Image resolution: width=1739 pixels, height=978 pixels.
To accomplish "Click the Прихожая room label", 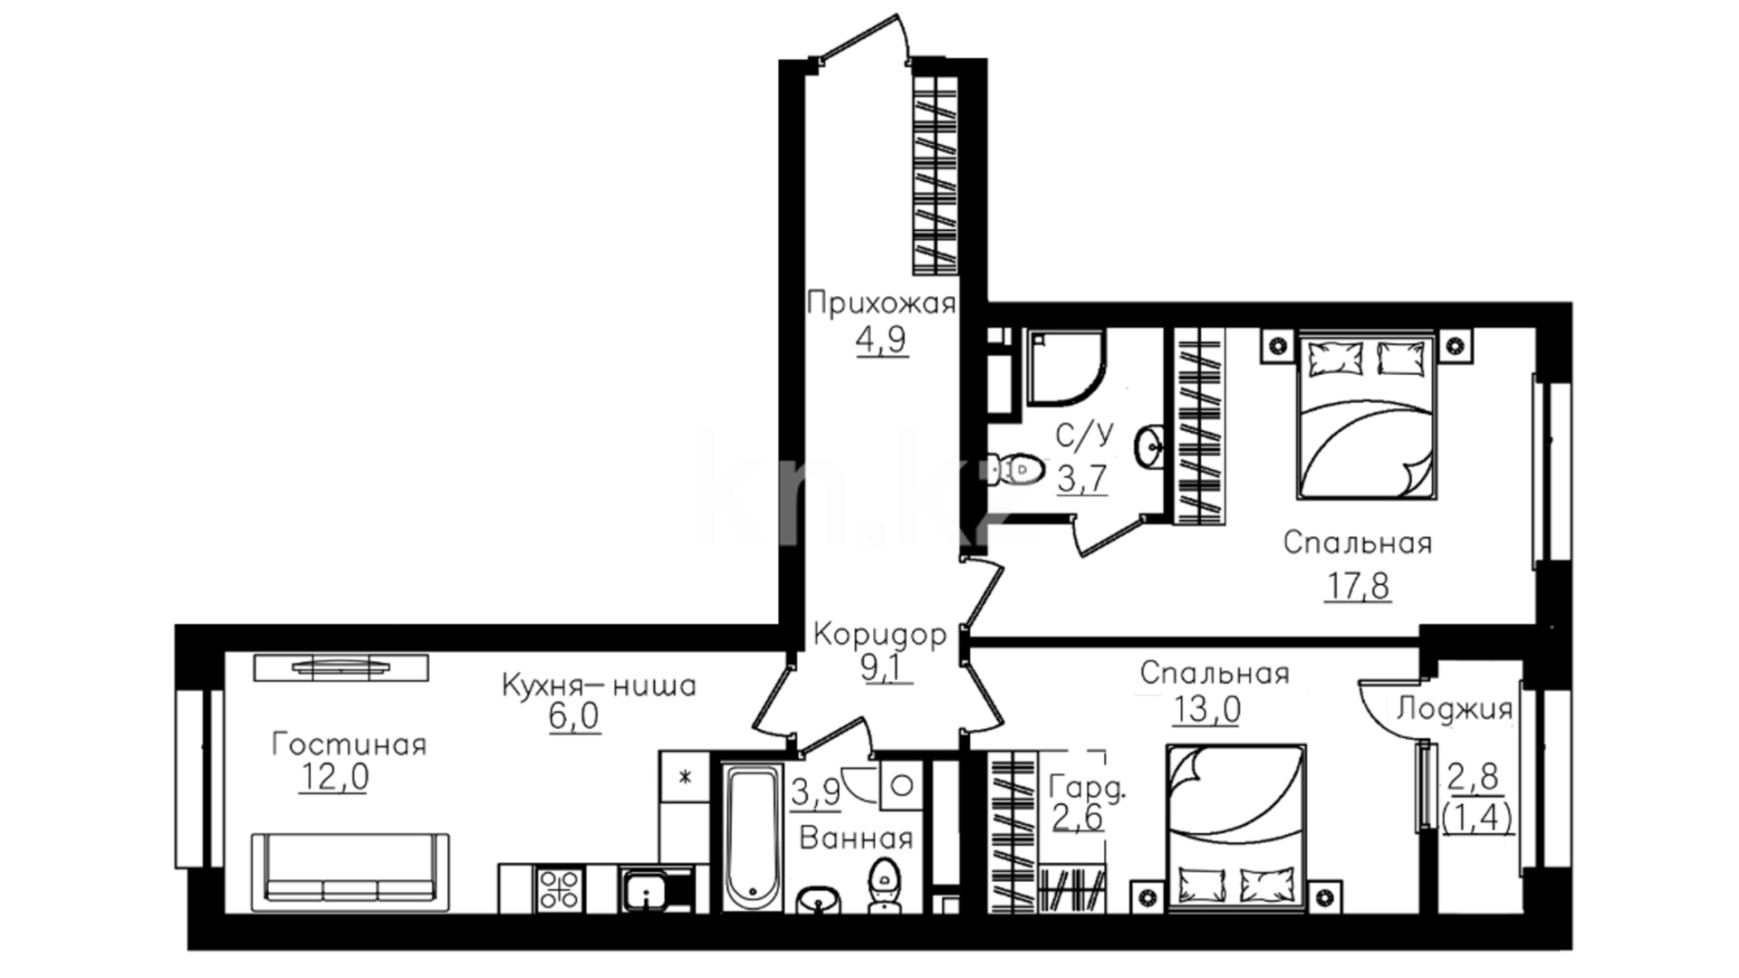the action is click(881, 302).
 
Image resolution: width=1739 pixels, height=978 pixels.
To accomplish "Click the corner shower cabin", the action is click(1066, 365).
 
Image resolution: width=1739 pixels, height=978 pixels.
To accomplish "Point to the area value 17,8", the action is click(1359, 586).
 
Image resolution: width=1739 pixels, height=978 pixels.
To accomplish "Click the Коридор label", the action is click(879, 635).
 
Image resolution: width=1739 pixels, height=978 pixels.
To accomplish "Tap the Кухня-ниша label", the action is click(599, 686).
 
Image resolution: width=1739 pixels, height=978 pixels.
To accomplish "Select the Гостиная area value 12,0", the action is click(333, 777).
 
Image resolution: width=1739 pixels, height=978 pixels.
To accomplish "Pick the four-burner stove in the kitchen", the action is click(559, 888).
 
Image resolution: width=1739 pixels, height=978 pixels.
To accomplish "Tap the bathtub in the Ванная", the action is click(753, 838).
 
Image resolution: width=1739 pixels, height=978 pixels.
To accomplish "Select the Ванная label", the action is click(856, 839).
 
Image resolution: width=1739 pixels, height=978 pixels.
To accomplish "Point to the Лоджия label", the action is click(1455, 708).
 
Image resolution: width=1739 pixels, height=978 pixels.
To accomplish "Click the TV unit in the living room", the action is click(341, 667).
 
